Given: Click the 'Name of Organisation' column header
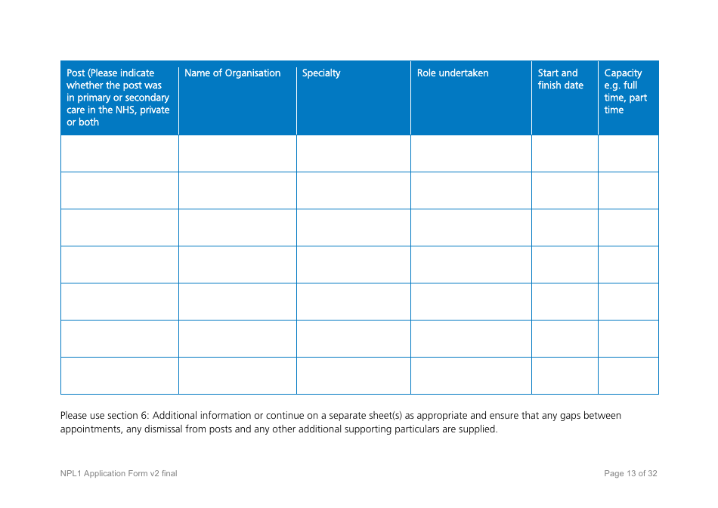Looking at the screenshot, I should point(232,73).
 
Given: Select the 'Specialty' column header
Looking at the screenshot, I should point(321,73).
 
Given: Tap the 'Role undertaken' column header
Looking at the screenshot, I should point(453,73).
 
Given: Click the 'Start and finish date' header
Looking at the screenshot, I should point(561,79).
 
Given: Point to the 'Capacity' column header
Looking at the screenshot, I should point(624,73).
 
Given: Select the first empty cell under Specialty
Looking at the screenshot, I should point(353,153).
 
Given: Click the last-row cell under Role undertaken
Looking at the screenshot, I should point(471,376).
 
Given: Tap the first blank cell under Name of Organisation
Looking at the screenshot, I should point(237,153).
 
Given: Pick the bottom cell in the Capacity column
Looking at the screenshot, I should point(628,376).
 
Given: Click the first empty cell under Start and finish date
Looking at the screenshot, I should point(565,153).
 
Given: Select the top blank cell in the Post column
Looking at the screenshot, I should point(119,153).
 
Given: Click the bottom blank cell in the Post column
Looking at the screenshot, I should point(119,376).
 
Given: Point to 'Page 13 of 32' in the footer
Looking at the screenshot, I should point(630,474).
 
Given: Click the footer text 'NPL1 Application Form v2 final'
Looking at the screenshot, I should point(119,474).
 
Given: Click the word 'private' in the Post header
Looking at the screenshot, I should point(155,110).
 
